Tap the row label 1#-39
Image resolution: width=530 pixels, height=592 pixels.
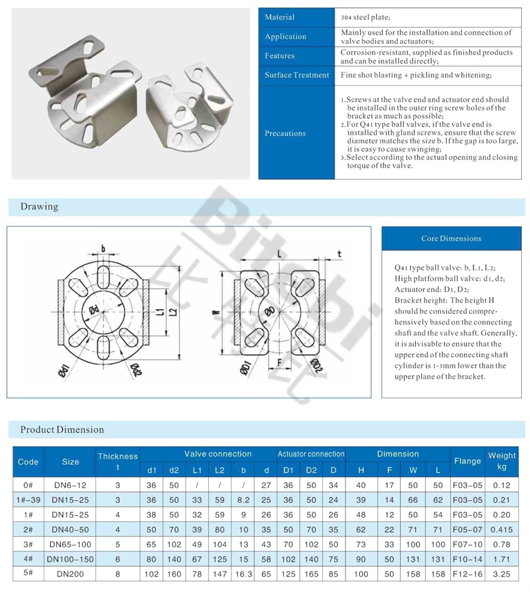(28, 499)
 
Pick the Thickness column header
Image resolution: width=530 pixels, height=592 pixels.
(117, 462)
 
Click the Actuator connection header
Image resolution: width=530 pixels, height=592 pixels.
(311, 454)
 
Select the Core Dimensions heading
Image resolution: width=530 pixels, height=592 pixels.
(451, 238)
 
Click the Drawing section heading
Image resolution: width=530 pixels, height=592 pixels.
(39, 206)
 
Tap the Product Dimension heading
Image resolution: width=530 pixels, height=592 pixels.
(62, 429)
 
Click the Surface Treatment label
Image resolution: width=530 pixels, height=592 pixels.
(296, 75)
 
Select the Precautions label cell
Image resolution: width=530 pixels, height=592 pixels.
(285, 133)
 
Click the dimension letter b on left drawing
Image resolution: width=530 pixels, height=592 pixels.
(103, 248)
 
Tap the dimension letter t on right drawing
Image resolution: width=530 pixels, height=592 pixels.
(339, 253)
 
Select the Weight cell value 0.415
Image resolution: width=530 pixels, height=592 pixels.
(501, 528)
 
